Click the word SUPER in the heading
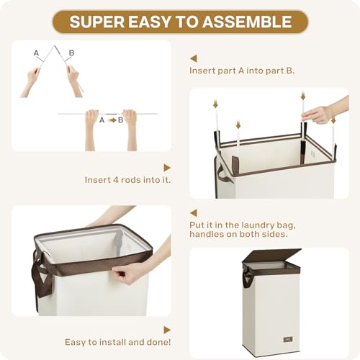click(97, 22)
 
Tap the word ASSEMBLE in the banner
click(247, 22)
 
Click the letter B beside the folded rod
click(71, 53)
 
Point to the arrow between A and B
click(112, 120)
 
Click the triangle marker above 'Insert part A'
click(194, 58)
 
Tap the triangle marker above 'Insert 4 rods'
click(167, 168)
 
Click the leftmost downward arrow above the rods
click(215, 104)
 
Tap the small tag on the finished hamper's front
click(288, 339)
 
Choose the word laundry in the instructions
click(258, 225)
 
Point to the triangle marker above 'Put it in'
click(194, 213)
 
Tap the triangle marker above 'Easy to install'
click(167, 330)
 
